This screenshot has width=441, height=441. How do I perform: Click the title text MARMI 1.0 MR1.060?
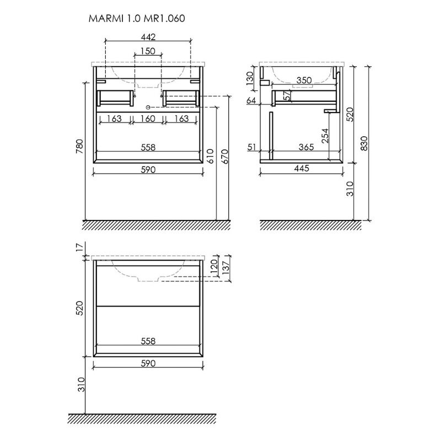tap(137, 18)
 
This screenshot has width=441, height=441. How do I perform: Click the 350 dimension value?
tap(304, 80)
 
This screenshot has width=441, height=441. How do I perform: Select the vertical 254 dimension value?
tap(325, 136)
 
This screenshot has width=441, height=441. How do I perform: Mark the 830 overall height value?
tap(364, 143)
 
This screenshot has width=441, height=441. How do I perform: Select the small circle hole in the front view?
tap(148, 106)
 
